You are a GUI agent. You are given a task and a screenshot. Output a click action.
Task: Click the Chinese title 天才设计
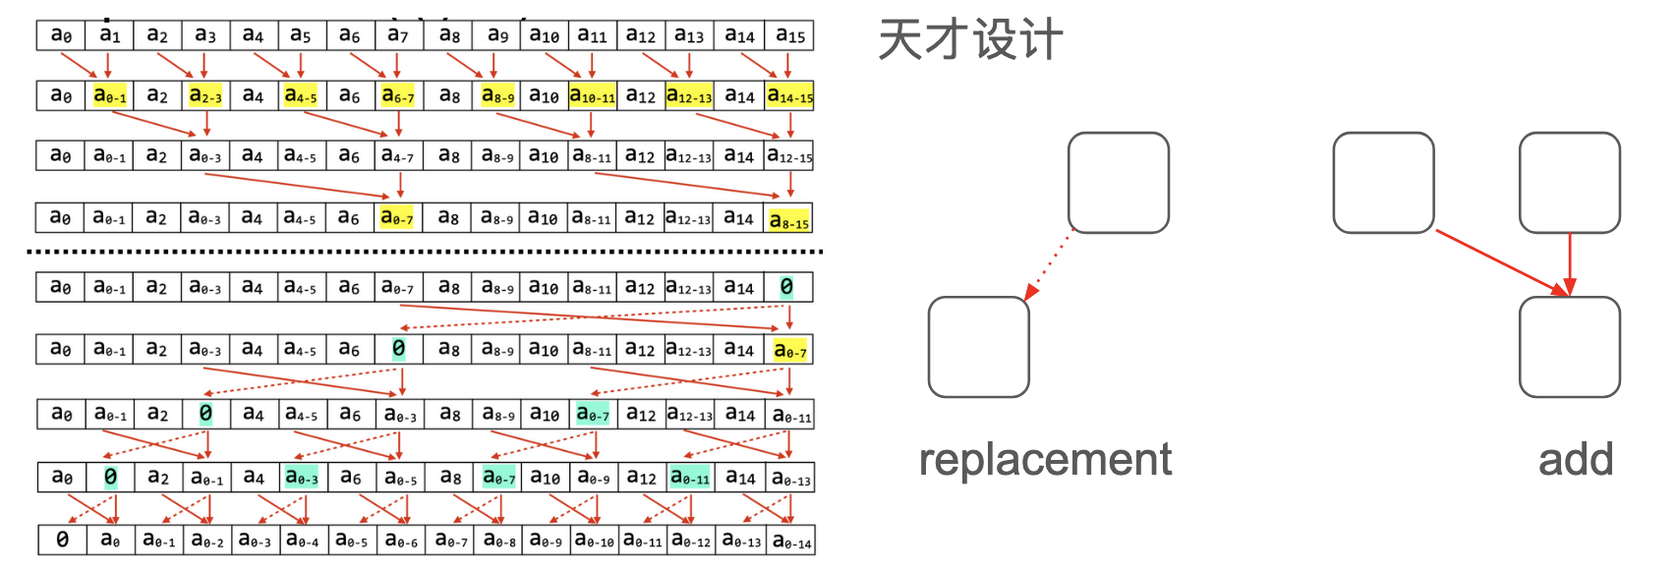click(969, 41)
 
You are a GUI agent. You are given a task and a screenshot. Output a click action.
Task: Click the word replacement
click(1045, 460)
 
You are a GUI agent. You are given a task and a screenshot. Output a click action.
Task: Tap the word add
click(1576, 460)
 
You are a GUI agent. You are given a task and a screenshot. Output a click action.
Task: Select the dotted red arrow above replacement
click(1049, 264)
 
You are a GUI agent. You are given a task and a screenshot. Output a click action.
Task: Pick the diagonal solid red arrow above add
click(1502, 262)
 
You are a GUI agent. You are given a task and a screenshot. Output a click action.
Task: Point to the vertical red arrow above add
click(1570, 263)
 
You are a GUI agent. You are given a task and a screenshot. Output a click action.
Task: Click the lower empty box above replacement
click(978, 347)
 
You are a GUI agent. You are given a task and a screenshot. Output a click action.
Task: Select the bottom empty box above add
click(1569, 347)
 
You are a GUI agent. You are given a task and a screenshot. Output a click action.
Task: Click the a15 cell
click(789, 36)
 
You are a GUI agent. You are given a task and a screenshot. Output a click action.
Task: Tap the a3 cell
click(204, 36)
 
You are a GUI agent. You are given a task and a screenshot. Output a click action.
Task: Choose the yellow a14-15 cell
click(789, 96)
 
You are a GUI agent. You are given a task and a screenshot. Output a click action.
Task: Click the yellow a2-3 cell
click(204, 96)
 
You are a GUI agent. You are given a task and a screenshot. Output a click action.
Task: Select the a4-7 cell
click(397, 156)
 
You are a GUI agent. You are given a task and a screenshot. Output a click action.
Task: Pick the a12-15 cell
click(789, 156)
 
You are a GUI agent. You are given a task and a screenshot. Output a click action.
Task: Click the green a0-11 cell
click(689, 477)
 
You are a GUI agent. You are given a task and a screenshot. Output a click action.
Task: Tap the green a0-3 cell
click(301, 477)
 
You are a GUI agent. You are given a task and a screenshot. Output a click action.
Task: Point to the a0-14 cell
click(791, 541)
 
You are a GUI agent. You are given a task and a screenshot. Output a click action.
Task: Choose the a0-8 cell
click(498, 541)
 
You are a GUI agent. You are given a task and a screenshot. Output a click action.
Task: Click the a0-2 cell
click(206, 541)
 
